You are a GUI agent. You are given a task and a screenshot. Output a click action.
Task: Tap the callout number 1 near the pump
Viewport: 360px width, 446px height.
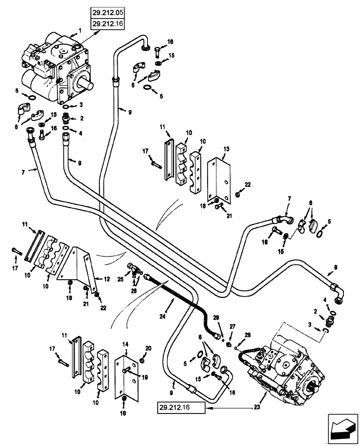(80, 30)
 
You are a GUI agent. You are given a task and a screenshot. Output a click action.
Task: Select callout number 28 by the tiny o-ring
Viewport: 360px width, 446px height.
(248, 334)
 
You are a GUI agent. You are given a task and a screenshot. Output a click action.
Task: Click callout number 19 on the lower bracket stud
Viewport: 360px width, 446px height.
(145, 376)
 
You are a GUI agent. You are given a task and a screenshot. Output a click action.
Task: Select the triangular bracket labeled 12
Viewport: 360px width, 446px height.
(82, 268)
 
